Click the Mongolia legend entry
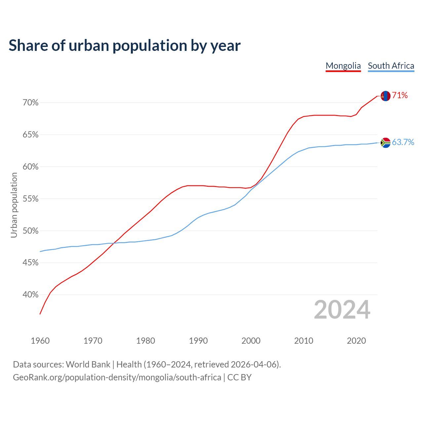tap(343, 66)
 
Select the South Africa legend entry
tap(391, 66)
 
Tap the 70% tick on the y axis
tap(30, 103)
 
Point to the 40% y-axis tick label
tap(30, 295)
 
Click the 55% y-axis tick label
tap(30, 199)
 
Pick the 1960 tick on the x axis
tap(40, 341)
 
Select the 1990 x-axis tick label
tap(198, 341)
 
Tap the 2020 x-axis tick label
tap(356, 341)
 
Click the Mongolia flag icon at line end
tap(386, 96)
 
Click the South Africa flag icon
tap(386, 143)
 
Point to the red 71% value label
tap(400, 96)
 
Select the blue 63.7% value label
tap(403, 142)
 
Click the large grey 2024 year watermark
tap(342, 310)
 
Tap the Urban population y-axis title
tap(14, 205)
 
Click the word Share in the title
tap(28, 46)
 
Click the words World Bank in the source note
tap(88, 365)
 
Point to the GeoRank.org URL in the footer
tap(117, 377)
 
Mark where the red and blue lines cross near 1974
tap(114, 243)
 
